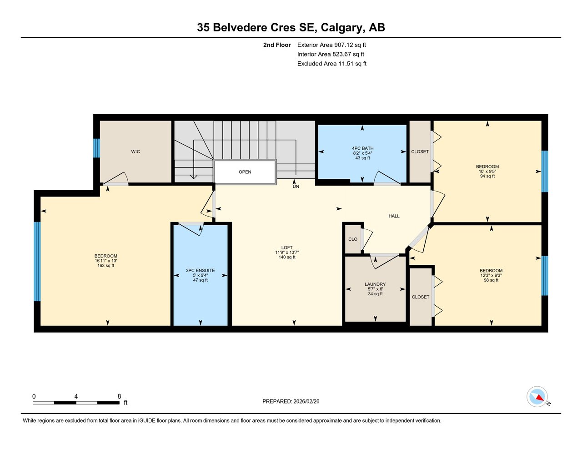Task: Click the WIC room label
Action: (135, 152)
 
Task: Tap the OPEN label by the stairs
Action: (245, 172)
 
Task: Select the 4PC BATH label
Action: (362, 148)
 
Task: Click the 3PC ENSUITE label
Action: (200, 271)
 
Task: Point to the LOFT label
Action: (287, 248)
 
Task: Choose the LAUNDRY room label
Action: (375, 284)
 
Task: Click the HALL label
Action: (394, 216)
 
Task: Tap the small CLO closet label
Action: (353, 239)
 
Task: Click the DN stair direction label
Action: (296, 187)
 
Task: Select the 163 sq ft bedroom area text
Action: (106, 266)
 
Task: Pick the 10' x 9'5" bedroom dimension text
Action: (487, 172)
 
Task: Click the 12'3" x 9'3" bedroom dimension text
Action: (491, 275)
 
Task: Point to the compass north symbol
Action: (537, 397)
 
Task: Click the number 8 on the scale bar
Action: (119, 396)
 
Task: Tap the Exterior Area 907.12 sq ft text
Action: (331, 45)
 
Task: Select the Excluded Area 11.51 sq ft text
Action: (332, 64)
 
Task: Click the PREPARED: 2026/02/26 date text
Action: (291, 401)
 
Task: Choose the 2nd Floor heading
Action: (277, 45)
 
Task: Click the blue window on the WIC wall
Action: (96, 148)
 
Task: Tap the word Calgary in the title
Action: (341, 27)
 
